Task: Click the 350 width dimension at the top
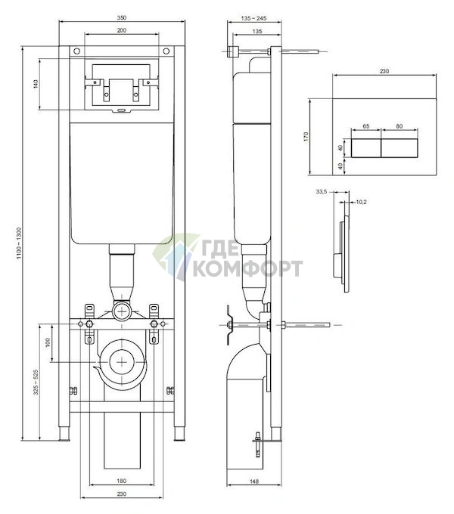pyautogui.click(x=121, y=17)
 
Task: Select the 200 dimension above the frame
pyautogui.click(x=121, y=30)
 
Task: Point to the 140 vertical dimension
pyautogui.click(x=36, y=84)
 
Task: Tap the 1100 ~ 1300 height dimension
pyautogui.click(x=19, y=243)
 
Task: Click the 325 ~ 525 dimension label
pyautogui.click(x=36, y=382)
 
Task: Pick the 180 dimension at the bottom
pyautogui.click(x=121, y=481)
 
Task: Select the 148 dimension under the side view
pyautogui.click(x=254, y=481)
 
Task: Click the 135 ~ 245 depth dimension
pyautogui.click(x=253, y=18)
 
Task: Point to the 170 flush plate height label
pyautogui.click(x=306, y=136)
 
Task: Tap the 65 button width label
pyautogui.click(x=366, y=126)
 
